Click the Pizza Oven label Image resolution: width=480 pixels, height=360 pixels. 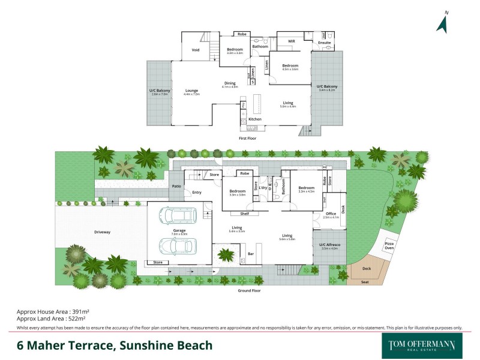pos(389,245)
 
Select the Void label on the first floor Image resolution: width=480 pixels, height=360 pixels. pos(196,50)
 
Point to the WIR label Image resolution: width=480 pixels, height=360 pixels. pos(292,41)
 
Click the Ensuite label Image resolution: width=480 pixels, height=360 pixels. pos(325,43)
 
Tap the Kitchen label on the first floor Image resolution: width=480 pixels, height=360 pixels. pos(256,119)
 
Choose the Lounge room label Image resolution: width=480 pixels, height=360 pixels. pos(192,91)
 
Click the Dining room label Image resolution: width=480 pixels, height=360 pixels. pos(230,83)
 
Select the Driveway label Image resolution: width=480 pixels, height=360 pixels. pos(103,232)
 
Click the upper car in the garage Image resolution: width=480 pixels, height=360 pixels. pos(178,215)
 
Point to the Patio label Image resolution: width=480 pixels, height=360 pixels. pos(176,187)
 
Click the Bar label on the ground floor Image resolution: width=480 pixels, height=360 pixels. pos(251,254)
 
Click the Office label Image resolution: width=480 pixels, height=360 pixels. pos(331,214)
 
